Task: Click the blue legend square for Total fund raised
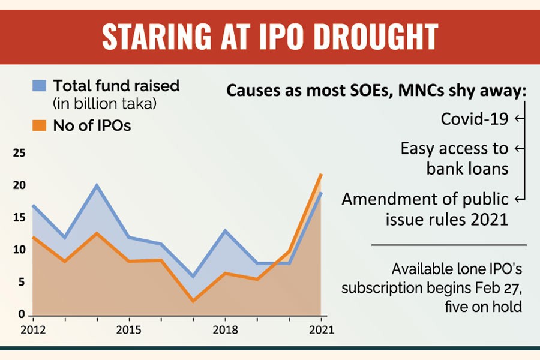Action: click(x=39, y=86)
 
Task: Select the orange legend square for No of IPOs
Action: click(x=39, y=125)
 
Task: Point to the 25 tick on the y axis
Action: click(x=20, y=154)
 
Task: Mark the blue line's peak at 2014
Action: click(x=97, y=185)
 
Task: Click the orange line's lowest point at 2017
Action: click(x=193, y=301)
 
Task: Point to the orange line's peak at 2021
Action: click(x=322, y=175)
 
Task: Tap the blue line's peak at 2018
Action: click(x=225, y=231)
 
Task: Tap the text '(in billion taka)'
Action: click(x=104, y=104)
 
